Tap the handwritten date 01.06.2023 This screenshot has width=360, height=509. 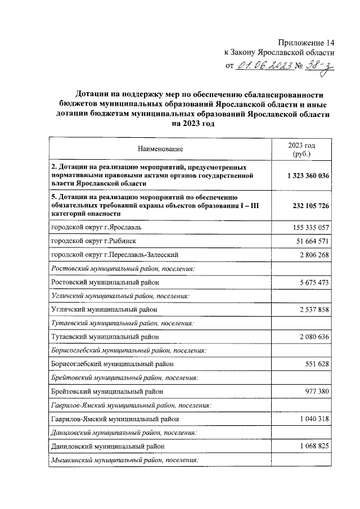point(264,66)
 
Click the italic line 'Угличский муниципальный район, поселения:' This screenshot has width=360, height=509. point(119,295)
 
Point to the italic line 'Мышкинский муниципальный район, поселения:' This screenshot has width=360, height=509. point(125,460)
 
